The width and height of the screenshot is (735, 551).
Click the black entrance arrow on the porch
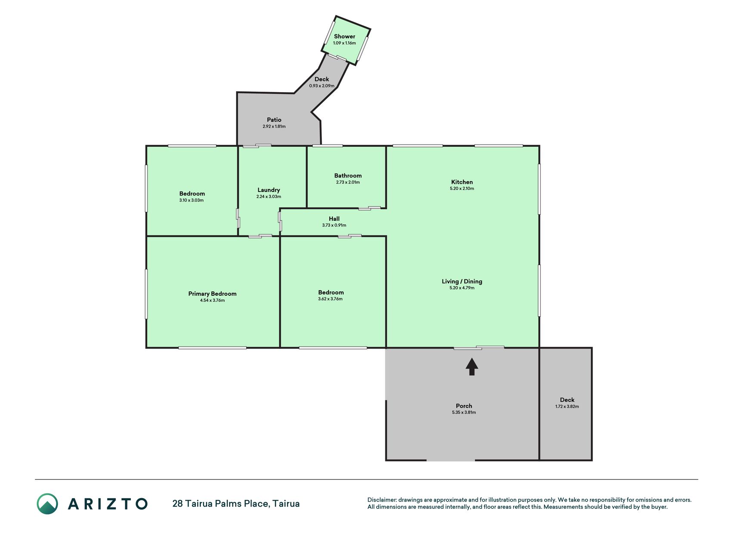point(472,367)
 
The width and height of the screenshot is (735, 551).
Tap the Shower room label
point(344,37)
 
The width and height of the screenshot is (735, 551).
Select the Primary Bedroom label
point(212,294)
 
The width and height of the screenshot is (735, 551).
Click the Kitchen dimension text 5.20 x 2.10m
point(462,189)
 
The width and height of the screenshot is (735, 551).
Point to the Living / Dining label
point(462,282)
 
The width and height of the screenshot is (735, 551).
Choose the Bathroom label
point(348,176)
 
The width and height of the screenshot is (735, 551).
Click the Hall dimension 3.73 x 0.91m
point(334,225)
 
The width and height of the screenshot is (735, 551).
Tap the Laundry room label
point(269,190)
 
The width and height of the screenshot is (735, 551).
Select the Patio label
point(274,120)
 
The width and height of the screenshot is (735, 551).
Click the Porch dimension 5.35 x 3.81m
point(464,412)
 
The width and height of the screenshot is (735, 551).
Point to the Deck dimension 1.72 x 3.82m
point(567,406)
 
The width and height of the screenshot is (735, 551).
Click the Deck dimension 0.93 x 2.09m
point(322,86)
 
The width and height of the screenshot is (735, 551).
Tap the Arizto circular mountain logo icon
point(47,504)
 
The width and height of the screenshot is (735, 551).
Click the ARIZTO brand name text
point(108,504)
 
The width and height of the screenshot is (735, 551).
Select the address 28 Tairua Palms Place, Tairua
point(236,504)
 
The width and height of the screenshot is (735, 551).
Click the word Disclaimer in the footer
point(381,500)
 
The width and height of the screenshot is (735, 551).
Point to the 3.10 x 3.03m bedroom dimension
point(192,200)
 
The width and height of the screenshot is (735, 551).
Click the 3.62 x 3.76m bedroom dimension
point(330,299)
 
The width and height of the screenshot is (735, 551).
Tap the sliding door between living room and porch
point(479,347)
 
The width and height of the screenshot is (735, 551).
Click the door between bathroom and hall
point(369,208)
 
